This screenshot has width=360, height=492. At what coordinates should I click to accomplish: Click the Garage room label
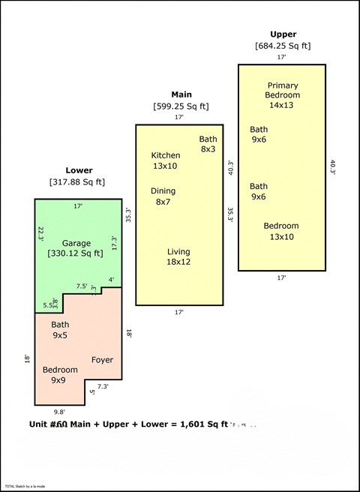pyautogui.click(x=76, y=243)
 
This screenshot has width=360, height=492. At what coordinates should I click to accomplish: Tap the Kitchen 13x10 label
pyautogui.click(x=165, y=160)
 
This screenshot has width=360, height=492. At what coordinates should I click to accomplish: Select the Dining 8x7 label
pyautogui.click(x=163, y=196)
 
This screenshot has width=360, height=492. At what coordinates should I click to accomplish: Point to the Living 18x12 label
pyautogui.click(x=178, y=256)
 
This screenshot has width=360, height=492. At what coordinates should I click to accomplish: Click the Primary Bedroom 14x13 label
pyautogui.click(x=282, y=90)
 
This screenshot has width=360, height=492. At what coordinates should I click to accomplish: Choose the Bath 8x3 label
pyautogui.click(x=208, y=144)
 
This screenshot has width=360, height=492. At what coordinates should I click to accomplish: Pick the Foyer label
pyautogui.click(x=102, y=360)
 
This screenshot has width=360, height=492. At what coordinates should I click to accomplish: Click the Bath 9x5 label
pyautogui.click(x=60, y=330)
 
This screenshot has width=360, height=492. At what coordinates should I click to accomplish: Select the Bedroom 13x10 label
pyautogui.click(x=280, y=231)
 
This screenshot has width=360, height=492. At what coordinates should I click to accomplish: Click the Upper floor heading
pyautogui.click(x=283, y=34)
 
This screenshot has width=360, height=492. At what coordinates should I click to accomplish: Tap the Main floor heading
pyautogui.click(x=181, y=94)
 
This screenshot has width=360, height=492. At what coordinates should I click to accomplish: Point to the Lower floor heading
pyautogui.click(x=79, y=170)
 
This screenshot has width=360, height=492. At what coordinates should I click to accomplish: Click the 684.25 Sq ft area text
pyautogui.click(x=283, y=46)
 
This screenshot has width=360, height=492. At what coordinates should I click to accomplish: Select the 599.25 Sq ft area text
pyautogui.click(x=181, y=106)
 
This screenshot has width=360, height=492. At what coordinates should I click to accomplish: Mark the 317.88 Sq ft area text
pyautogui.click(x=77, y=182)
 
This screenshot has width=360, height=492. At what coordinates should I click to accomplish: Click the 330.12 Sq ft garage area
pyautogui.click(x=76, y=253)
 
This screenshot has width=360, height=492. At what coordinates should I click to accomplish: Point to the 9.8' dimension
pyautogui.click(x=59, y=411)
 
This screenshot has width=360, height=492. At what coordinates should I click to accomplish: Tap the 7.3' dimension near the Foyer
pyautogui.click(x=103, y=386)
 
